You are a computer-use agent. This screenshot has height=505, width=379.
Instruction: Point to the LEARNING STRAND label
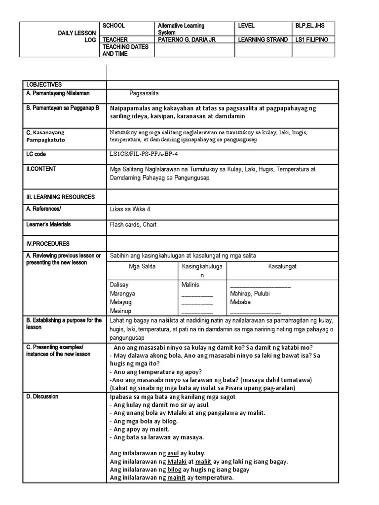263,39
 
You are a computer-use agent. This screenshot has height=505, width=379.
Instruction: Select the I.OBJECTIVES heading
44,85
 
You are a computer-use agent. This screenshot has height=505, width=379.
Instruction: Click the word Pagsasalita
144,93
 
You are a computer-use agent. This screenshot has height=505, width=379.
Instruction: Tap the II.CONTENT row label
41,169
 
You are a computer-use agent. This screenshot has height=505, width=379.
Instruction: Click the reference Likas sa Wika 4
130,209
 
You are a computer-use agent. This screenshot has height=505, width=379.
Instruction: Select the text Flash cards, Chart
133,224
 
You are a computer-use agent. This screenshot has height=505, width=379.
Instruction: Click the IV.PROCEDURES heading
48,244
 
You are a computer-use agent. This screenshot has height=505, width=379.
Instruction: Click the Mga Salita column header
142,266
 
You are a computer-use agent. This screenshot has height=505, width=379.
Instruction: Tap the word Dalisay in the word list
118,285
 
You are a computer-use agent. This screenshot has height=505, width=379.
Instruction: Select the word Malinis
191,285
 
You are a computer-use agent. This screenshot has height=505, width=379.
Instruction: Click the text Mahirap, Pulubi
250,293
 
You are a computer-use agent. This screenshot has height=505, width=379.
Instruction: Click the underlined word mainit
176,478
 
